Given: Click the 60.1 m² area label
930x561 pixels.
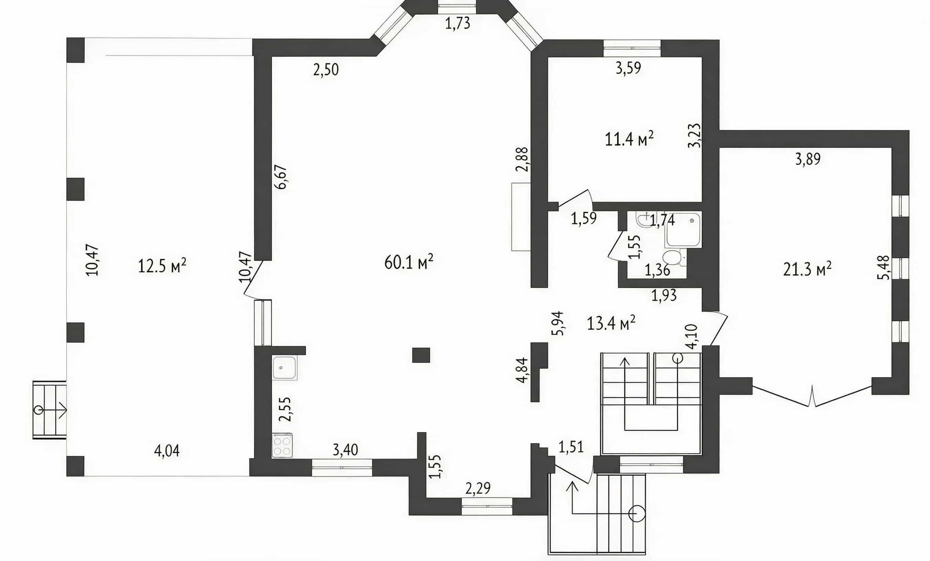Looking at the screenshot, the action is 409,262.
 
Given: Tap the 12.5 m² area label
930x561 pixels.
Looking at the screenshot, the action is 162,266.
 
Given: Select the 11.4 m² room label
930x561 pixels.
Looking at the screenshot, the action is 629,139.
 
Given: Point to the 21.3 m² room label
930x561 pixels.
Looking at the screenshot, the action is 807,269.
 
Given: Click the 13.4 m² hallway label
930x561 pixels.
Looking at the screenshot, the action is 611,323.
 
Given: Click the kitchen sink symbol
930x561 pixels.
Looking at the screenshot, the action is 284,367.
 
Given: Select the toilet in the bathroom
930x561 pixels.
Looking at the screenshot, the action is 673,258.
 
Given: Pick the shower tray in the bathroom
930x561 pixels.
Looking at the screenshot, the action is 683,229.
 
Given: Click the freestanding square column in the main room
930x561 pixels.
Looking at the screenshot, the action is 421,355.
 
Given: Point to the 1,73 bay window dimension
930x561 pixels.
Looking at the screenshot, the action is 457,23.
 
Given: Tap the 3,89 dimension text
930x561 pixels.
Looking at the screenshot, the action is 808,159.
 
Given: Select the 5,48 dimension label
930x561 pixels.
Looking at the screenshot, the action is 883,267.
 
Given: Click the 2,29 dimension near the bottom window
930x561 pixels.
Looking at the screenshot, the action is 478,488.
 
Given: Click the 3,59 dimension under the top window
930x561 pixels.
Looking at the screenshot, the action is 628,68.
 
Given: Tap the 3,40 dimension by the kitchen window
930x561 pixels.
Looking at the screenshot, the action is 345,450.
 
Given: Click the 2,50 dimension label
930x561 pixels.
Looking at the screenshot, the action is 326,70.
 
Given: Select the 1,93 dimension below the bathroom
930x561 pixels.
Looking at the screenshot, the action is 664,295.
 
